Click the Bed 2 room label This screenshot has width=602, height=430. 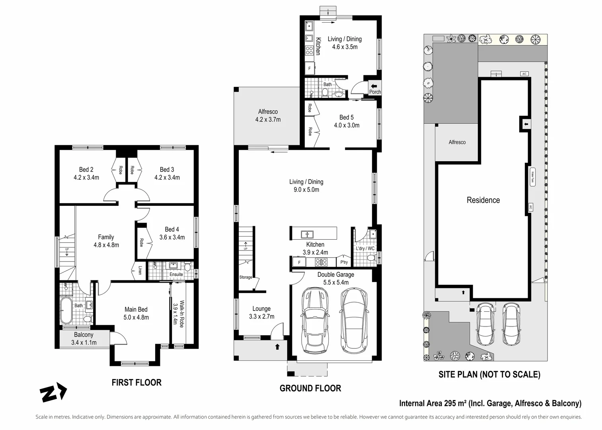click(x=86, y=170)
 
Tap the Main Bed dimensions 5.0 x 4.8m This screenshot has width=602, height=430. click(x=136, y=317)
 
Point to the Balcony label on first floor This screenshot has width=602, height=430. click(x=84, y=335)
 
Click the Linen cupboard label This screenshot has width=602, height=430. click(x=140, y=270)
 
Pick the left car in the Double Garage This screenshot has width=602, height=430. click(x=315, y=321)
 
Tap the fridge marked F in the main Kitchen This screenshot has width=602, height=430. click(x=299, y=262)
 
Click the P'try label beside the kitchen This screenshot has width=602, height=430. click(x=344, y=262)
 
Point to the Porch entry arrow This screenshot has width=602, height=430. click(x=375, y=86)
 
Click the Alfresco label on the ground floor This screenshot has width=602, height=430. click(x=268, y=112)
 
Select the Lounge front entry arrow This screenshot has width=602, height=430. click(x=277, y=346)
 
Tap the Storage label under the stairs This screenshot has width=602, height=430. click(x=245, y=277)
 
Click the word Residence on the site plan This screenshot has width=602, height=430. click(x=483, y=200)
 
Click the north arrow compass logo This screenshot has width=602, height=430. click(x=55, y=392)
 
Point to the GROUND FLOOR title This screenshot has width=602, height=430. click(x=310, y=388)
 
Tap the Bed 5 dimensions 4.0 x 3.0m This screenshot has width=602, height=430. click(x=346, y=125)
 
